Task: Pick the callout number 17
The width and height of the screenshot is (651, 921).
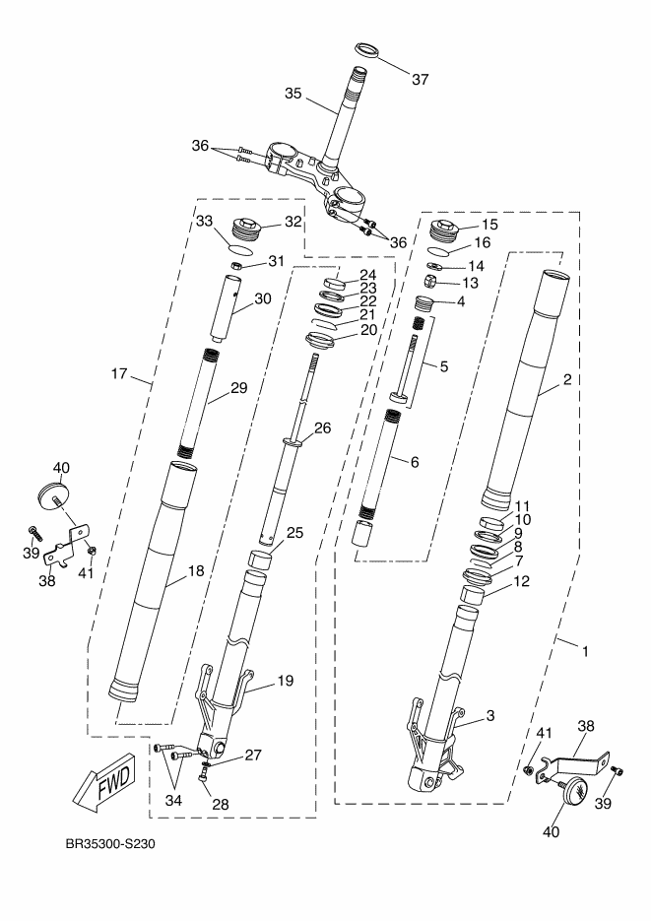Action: tap(120, 373)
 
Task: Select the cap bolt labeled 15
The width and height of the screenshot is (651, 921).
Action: tap(448, 231)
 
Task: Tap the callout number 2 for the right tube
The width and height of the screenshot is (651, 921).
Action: tap(566, 379)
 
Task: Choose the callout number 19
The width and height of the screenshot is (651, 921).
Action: tap(285, 680)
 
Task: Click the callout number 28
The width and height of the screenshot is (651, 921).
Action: tap(220, 805)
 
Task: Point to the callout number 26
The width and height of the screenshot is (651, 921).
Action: tap(321, 428)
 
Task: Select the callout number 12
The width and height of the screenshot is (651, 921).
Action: tap(522, 581)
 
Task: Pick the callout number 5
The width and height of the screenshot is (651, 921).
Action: tap(443, 366)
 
